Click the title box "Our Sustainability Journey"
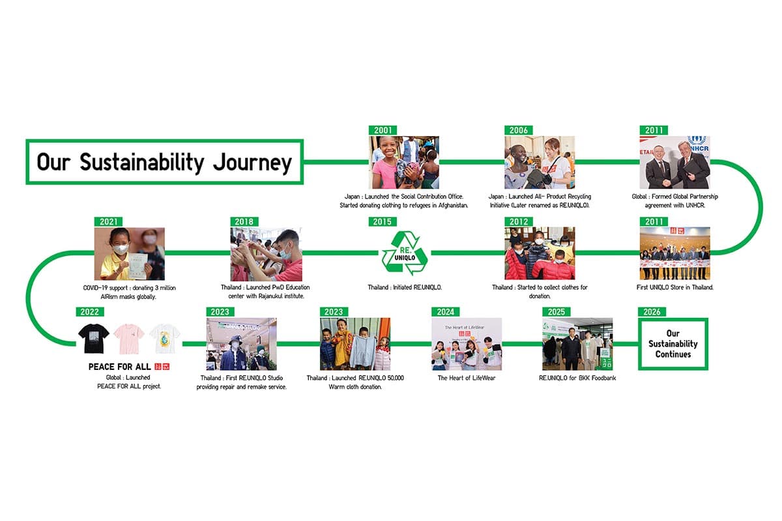164,162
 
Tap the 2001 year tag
383,130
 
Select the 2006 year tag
519,130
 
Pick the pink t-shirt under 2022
129,339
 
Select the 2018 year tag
244,221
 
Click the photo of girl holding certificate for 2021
129,254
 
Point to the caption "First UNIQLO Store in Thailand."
674,287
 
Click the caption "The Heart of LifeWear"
467,378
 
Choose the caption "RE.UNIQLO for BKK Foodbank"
577,378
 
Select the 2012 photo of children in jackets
540,254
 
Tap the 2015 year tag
383,221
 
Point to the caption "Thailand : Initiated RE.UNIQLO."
405,287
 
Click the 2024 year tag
446,312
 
